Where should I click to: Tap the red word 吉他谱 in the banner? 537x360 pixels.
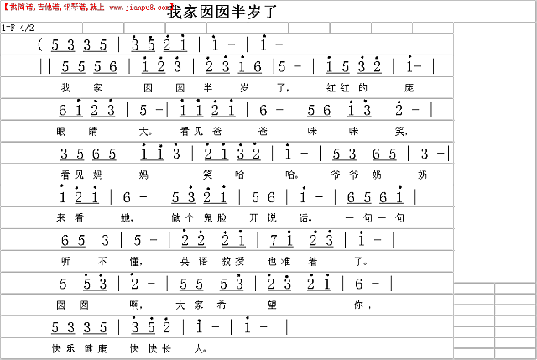[49, 7]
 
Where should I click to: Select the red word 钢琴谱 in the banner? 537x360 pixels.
[73, 7]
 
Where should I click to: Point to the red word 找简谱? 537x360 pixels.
[21, 7]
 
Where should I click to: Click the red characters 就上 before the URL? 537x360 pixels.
[97, 7]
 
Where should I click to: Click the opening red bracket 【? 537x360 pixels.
[5, 7]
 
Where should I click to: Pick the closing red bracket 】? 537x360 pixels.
[172, 7]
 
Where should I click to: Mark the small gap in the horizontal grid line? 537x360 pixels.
[62, 185]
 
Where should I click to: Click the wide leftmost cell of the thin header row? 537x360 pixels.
[41, 28]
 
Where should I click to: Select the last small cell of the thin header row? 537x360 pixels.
[433, 28]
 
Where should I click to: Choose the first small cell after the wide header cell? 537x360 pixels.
[103, 28]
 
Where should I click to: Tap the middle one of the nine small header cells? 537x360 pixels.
[268, 28]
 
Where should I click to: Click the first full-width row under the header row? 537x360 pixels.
[227, 44]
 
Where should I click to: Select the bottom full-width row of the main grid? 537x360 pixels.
[227, 348]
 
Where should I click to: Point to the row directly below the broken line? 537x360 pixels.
[227, 196]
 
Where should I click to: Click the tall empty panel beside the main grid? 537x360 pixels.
[494, 151]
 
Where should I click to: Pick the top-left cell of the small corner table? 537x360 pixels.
[474, 288]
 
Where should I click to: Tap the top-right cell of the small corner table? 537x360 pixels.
[515, 288]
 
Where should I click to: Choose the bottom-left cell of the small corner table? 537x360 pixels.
[474, 353]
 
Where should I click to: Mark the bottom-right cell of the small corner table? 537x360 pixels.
[515, 353]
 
